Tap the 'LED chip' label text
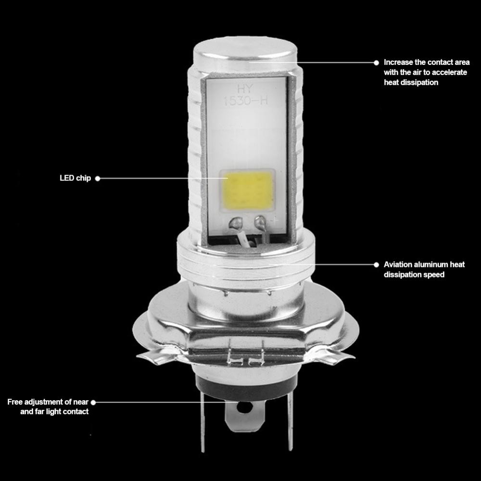(x=75, y=178)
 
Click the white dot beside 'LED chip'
(x=98, y=178)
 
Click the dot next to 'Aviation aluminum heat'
(x=377, y=265)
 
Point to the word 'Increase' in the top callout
(x=398, y=62)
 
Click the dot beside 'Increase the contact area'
(x=377, y=63)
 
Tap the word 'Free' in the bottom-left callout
(x=15, y=402)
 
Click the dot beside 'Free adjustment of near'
(x=93, y=402)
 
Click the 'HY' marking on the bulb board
(x=245, y=89)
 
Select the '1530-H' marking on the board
(x=245, y=101)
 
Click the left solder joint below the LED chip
(x=237, y=222)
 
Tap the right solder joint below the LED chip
(x=260, y=221)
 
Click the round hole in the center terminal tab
(x=245, y=407)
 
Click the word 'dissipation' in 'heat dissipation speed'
(x=403, y=275)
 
